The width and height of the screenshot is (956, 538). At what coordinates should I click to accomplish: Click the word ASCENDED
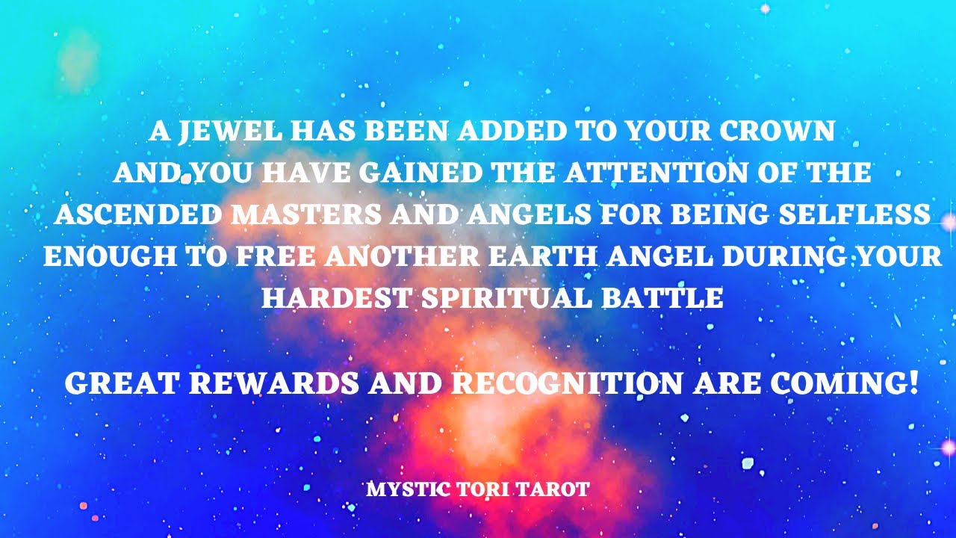tap(138, 215)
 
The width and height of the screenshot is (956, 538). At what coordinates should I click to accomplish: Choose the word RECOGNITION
tap(567, 383)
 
